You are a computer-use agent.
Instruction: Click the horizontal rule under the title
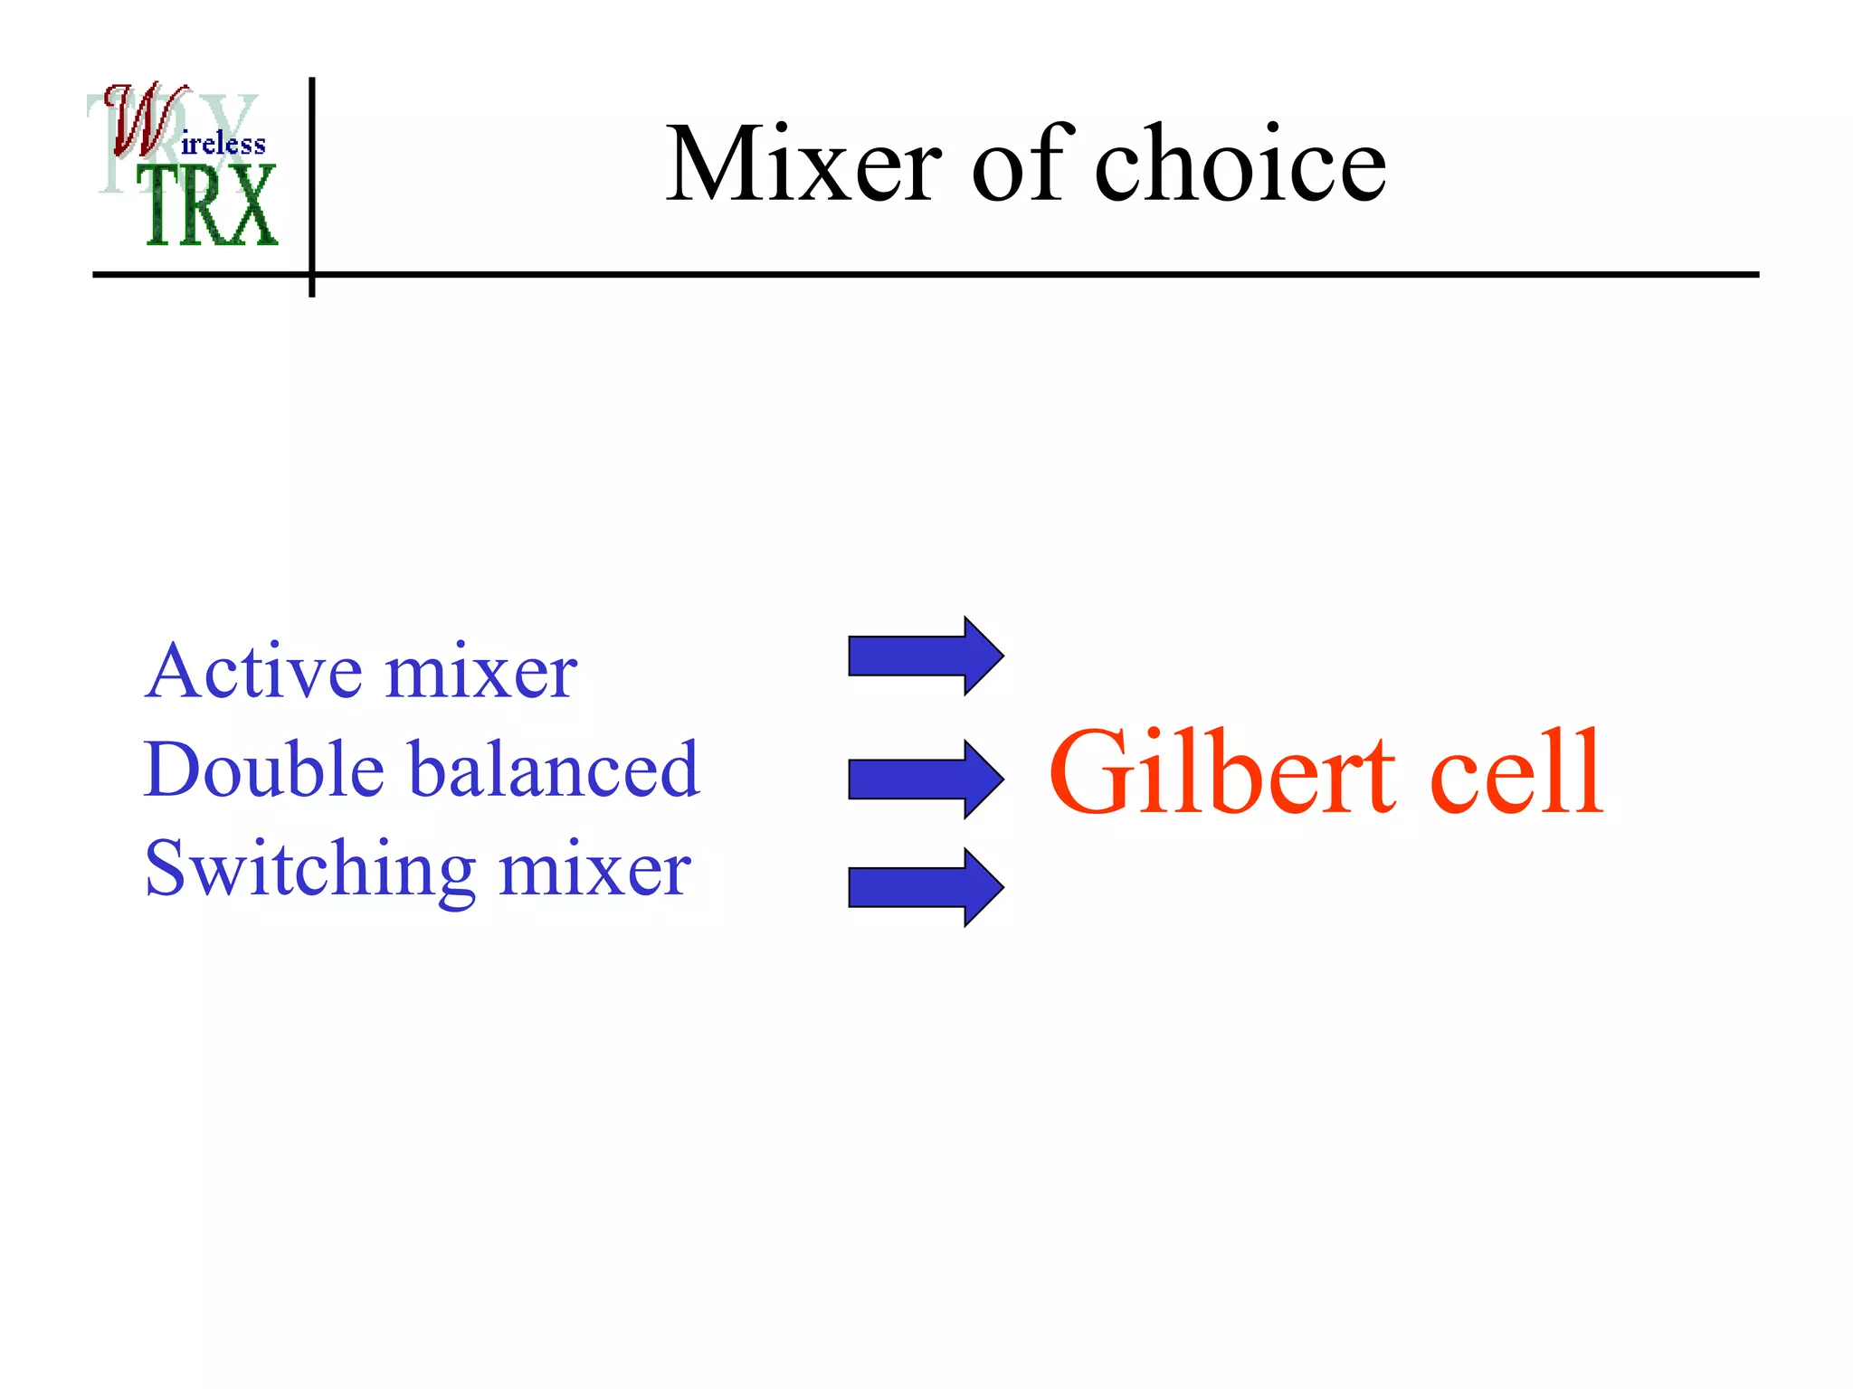click(995, 274)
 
